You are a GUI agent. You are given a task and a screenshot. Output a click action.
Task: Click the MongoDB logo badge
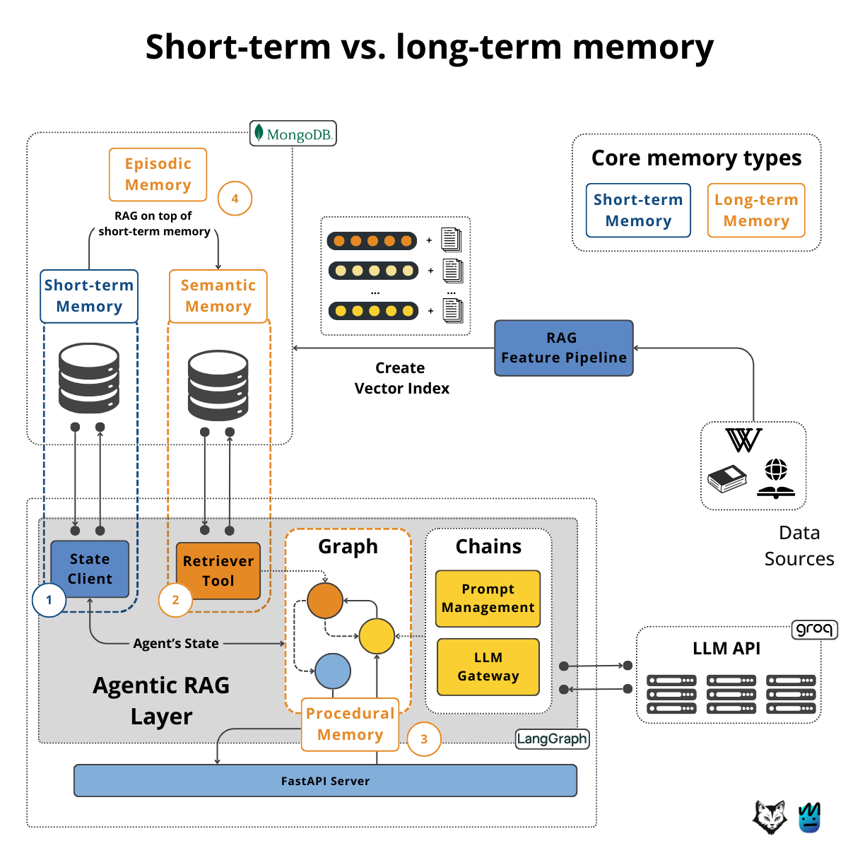[293, 134]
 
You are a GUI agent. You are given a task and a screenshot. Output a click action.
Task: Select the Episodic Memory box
[158, 175]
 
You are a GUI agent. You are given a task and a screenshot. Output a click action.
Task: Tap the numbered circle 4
[235, 199]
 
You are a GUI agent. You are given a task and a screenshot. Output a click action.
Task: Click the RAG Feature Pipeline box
[563, 348]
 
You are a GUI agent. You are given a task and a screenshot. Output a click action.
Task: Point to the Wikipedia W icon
[743, 440]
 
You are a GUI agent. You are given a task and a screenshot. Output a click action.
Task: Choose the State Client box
[90, 569]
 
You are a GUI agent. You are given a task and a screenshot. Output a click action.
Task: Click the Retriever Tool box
[218, 571]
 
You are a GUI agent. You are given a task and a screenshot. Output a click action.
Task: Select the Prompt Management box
[488, 599]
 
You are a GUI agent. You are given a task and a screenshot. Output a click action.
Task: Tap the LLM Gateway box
[488, 667]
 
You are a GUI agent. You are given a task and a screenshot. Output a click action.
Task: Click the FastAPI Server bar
[325, 781]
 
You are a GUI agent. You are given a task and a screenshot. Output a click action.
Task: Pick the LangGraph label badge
[552, 739]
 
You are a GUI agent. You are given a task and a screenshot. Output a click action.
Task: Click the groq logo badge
[814, 629]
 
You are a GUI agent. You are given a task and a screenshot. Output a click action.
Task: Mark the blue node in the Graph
[333, 671]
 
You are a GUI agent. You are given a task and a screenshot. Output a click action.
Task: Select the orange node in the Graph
[325, 601]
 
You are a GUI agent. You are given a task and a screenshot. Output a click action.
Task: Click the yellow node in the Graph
[377, 636]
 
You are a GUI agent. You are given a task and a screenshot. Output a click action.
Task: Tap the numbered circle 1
[49, 600]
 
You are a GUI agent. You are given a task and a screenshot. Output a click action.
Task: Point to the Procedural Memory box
[350, 724]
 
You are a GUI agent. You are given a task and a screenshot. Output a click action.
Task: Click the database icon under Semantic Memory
[218, 386]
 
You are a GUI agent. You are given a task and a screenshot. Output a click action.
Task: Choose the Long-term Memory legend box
[756, 211]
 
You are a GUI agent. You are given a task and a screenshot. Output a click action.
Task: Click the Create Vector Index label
[401, 378]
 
